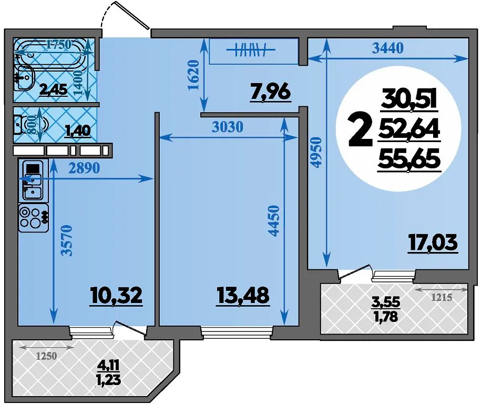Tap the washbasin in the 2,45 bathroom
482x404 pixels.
pos(24,78)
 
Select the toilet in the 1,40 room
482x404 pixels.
pos(30,125)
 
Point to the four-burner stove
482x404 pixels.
pos(34,217)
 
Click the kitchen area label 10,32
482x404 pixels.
pos(117,296)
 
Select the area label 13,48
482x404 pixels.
pos(243,296)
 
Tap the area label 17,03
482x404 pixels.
pos(433,243)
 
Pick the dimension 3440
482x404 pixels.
pos(387,48)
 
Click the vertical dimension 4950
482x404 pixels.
pos(316,153)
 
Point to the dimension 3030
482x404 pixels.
pos(228,126)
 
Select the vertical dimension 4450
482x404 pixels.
pos(273,220)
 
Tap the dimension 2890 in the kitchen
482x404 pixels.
pos(84,168)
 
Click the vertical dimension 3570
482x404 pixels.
pos(67,241)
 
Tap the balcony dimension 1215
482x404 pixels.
pos(442,298)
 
